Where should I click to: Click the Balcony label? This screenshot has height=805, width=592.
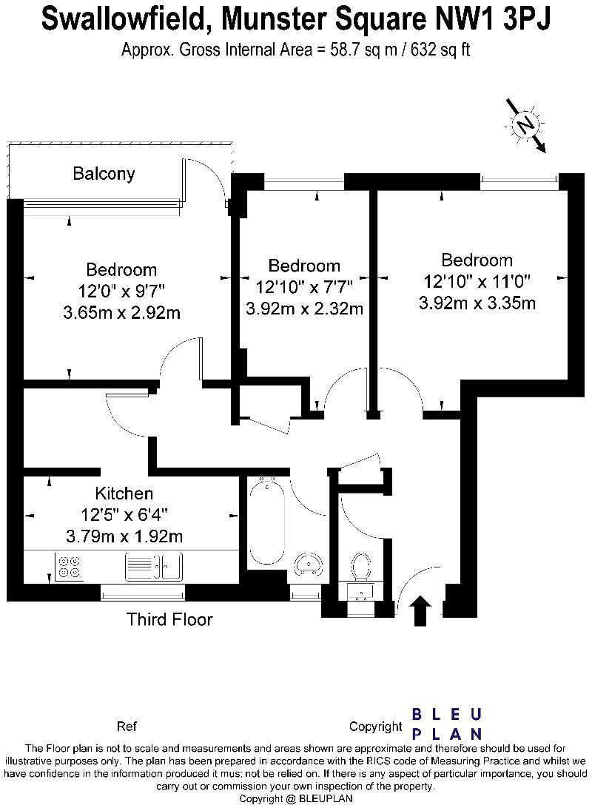pyautogui.click(x=104, y=174)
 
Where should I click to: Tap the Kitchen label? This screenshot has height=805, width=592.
pyautogui.click(x=124, y=494)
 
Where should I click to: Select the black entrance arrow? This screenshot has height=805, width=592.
pyautogui.click(x=422, y=610)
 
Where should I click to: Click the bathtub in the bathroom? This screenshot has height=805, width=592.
pyautogui.click(x=266, y=520)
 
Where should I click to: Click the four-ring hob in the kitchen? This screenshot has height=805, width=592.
pyautogui.click(x=70, y=566)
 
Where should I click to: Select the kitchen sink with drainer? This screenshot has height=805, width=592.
pyautogui.click(x=153, y=566)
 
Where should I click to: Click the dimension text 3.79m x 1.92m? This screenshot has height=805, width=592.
pyautogui.click(x=124, y=536)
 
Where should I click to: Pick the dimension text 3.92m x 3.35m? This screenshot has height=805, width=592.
pyautogui.click(x=477, y=303)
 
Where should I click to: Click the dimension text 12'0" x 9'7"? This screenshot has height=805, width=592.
pyautogui.click(x=121, y=291)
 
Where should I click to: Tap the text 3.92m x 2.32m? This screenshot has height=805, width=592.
pyautogui.click(x=304, y=308)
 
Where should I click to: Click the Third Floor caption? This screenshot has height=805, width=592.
pyautogui.click(x=169, y=619)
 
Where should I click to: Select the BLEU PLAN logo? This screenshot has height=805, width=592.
pyautogui.click(x=447, y=724)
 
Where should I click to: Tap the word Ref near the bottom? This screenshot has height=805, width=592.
pyautogui.click(x=127, y=726)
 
